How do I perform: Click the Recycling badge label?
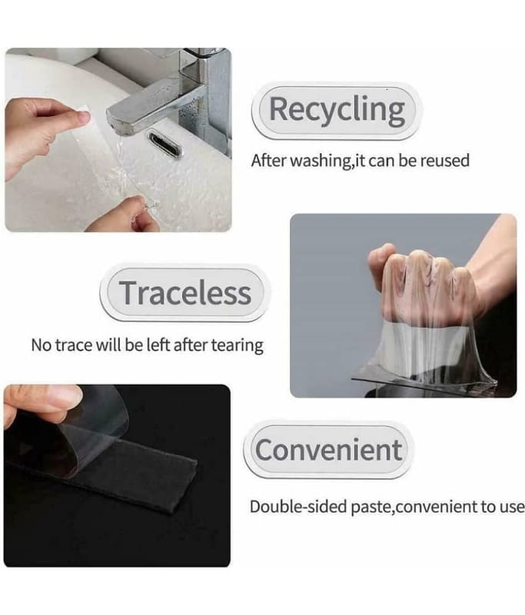[337, 110]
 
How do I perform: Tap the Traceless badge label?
[185, 293]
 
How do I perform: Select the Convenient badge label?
[328, 450]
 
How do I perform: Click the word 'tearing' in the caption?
[238, 346]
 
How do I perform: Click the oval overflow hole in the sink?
[164, 144]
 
